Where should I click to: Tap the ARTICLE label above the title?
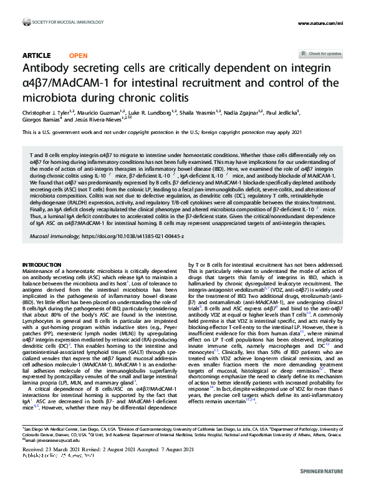36,55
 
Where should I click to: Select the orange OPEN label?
78,55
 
